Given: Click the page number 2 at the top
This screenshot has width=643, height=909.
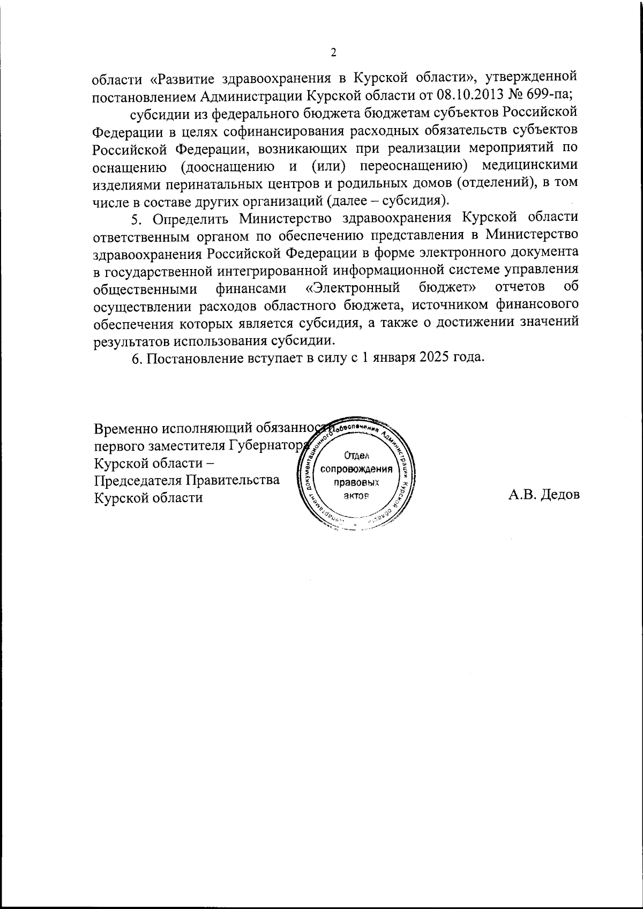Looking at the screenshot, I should click(x=333, y=53).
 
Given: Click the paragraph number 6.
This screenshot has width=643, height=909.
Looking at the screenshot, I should click(x=136, y=358).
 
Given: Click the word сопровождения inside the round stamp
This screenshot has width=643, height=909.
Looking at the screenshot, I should click(x=356, y=469).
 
